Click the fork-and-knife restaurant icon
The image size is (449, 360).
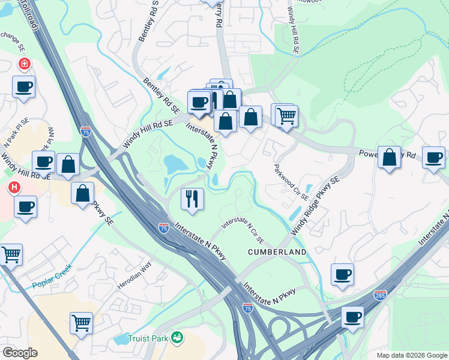[192, 199]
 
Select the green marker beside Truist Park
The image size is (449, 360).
[177, 338]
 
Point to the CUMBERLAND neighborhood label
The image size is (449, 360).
[277, 252]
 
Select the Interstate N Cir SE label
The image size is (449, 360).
[243, 229]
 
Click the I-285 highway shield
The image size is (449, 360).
[380, 295]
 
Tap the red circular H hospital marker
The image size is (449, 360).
[14, 188]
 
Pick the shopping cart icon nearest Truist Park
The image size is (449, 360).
[81, 323]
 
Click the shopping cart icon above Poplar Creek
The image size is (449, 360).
[11, 254]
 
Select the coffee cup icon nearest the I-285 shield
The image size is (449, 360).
[352, 317]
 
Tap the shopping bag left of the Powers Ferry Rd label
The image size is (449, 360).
[390, 157]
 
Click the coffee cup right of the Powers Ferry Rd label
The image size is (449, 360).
[433, 157]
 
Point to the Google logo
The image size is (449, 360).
[20, 353]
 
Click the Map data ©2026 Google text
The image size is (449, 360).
[412, 355]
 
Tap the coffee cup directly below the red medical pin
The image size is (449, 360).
[23, 86]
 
